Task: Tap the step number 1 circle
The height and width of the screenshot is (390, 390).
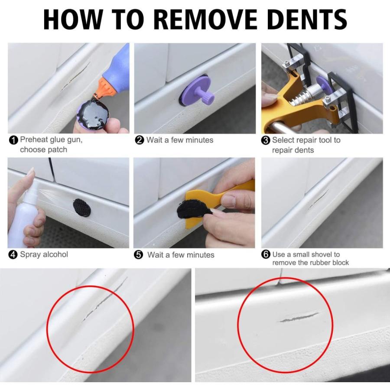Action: pos(13,140)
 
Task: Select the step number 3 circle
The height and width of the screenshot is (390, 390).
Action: pos(266,140)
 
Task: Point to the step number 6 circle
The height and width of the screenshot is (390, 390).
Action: pos(266,254)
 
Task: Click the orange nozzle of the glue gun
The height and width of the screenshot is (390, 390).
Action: pos(104,87)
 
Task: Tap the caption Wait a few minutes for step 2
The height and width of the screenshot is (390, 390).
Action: pos(179,140)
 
